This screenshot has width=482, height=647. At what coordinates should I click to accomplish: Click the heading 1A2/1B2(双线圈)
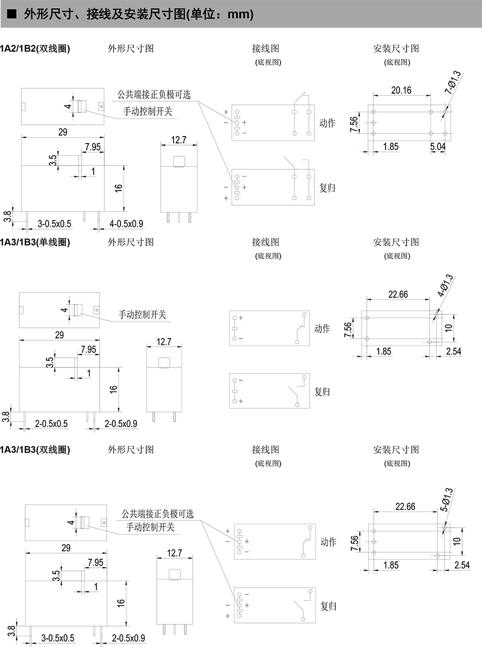(x=35, y=49)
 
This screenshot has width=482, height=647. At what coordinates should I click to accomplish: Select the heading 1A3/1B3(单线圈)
(x=35, y=242)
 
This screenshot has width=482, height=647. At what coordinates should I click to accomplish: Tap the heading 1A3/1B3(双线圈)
(x=35, y=449)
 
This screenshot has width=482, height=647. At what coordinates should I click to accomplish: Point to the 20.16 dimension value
(x=401, y=91)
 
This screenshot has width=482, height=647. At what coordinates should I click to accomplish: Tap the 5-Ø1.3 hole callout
(x=446, y=499)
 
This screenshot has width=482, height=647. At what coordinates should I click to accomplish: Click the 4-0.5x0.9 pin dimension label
(x=126, y=223)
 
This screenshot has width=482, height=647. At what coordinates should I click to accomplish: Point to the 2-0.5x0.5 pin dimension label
(x=51, y=424)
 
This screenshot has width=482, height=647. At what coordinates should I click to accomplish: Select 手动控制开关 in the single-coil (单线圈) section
(x=142, y=314)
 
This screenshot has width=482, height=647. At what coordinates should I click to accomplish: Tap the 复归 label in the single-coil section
(x=322, y=392)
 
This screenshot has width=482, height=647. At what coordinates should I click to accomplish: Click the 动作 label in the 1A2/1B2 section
(x=327, y=123)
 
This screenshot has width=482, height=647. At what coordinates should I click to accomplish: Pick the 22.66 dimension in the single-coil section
(x=397, y=294)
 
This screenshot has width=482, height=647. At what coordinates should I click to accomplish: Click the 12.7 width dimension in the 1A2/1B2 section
(x=178, y=140)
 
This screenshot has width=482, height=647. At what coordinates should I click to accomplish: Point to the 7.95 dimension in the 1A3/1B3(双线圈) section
(x=95, y=562)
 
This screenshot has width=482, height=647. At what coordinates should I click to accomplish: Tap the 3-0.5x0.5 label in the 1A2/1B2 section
(x=54, y=223)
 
